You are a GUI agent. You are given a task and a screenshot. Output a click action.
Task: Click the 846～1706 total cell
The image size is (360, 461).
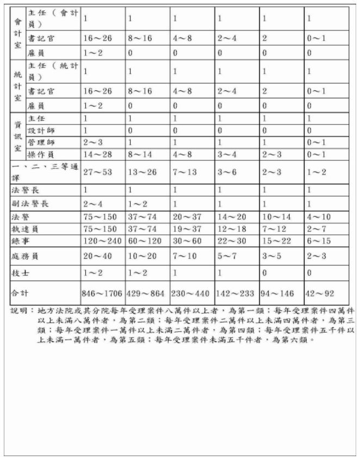pyautogui.click(x=102, y=294)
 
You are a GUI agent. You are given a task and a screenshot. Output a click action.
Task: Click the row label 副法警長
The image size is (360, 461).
pyautogui.click(x=30, y=204)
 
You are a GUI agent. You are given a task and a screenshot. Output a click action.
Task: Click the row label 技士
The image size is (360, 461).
pyautogui.click(x=22, y=272)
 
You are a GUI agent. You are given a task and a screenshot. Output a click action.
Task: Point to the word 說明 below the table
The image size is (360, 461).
pyautogui.click(x=20, y=311)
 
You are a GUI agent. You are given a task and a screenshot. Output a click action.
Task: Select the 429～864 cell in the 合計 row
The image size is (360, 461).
pyautogui.click(x=146, y=294)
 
